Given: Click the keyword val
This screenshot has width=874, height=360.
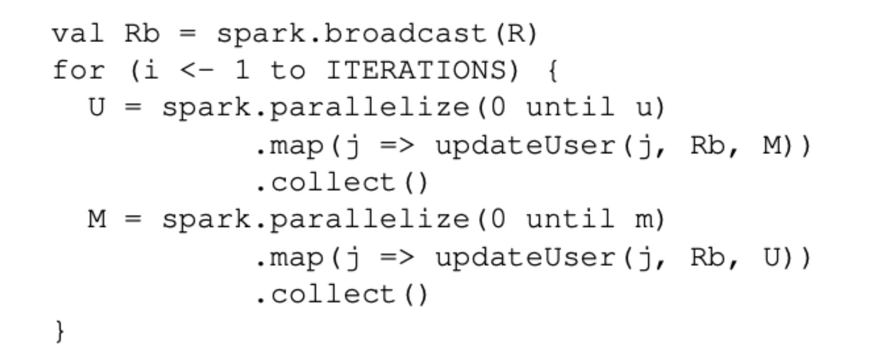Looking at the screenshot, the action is click(x=78, y=34).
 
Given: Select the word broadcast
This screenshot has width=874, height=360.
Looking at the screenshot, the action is click(x=405, y=34).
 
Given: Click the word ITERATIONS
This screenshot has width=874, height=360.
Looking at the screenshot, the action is click(x=415, y=71).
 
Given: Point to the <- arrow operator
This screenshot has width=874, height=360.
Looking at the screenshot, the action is click(x=197, y=71).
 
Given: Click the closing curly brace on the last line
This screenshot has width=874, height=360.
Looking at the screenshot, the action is click(x=60, y=332).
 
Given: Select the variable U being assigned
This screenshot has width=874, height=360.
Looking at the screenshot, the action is click(x=96, y=108).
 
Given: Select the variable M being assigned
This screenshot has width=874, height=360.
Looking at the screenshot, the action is click(x=96, y=219).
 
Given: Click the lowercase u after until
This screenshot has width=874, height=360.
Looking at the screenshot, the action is click(x=643, y=108).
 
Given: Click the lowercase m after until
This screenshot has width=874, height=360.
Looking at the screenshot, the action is click(x=643, y=219).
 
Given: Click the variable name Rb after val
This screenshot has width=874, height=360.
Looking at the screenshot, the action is click(x=142, y=34).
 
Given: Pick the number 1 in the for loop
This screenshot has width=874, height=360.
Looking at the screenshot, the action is click(x=242, y=71).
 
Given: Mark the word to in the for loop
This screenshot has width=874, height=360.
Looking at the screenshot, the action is click(x=287, y=71).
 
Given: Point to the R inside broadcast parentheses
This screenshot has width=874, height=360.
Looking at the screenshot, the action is click(x=513, y=34).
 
